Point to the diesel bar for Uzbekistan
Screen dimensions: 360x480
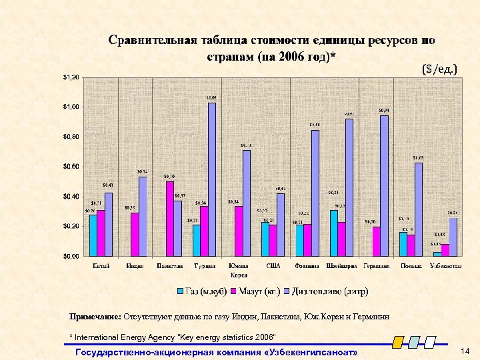click(x=453, y=237)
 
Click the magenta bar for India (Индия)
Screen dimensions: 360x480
click(x=135, y=234)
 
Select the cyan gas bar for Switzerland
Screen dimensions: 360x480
click(x=333, y=233)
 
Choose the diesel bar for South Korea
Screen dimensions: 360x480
click(x=247, y=203)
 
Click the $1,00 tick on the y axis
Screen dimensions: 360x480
click(x=71, y=107)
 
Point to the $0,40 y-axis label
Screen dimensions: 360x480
click(x=71, y=196)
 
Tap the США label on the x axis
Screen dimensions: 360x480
click(x=273, y=266)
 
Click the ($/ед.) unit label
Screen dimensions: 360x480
click(x=439, y=69)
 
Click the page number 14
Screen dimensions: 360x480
click(x=465, y=351)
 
